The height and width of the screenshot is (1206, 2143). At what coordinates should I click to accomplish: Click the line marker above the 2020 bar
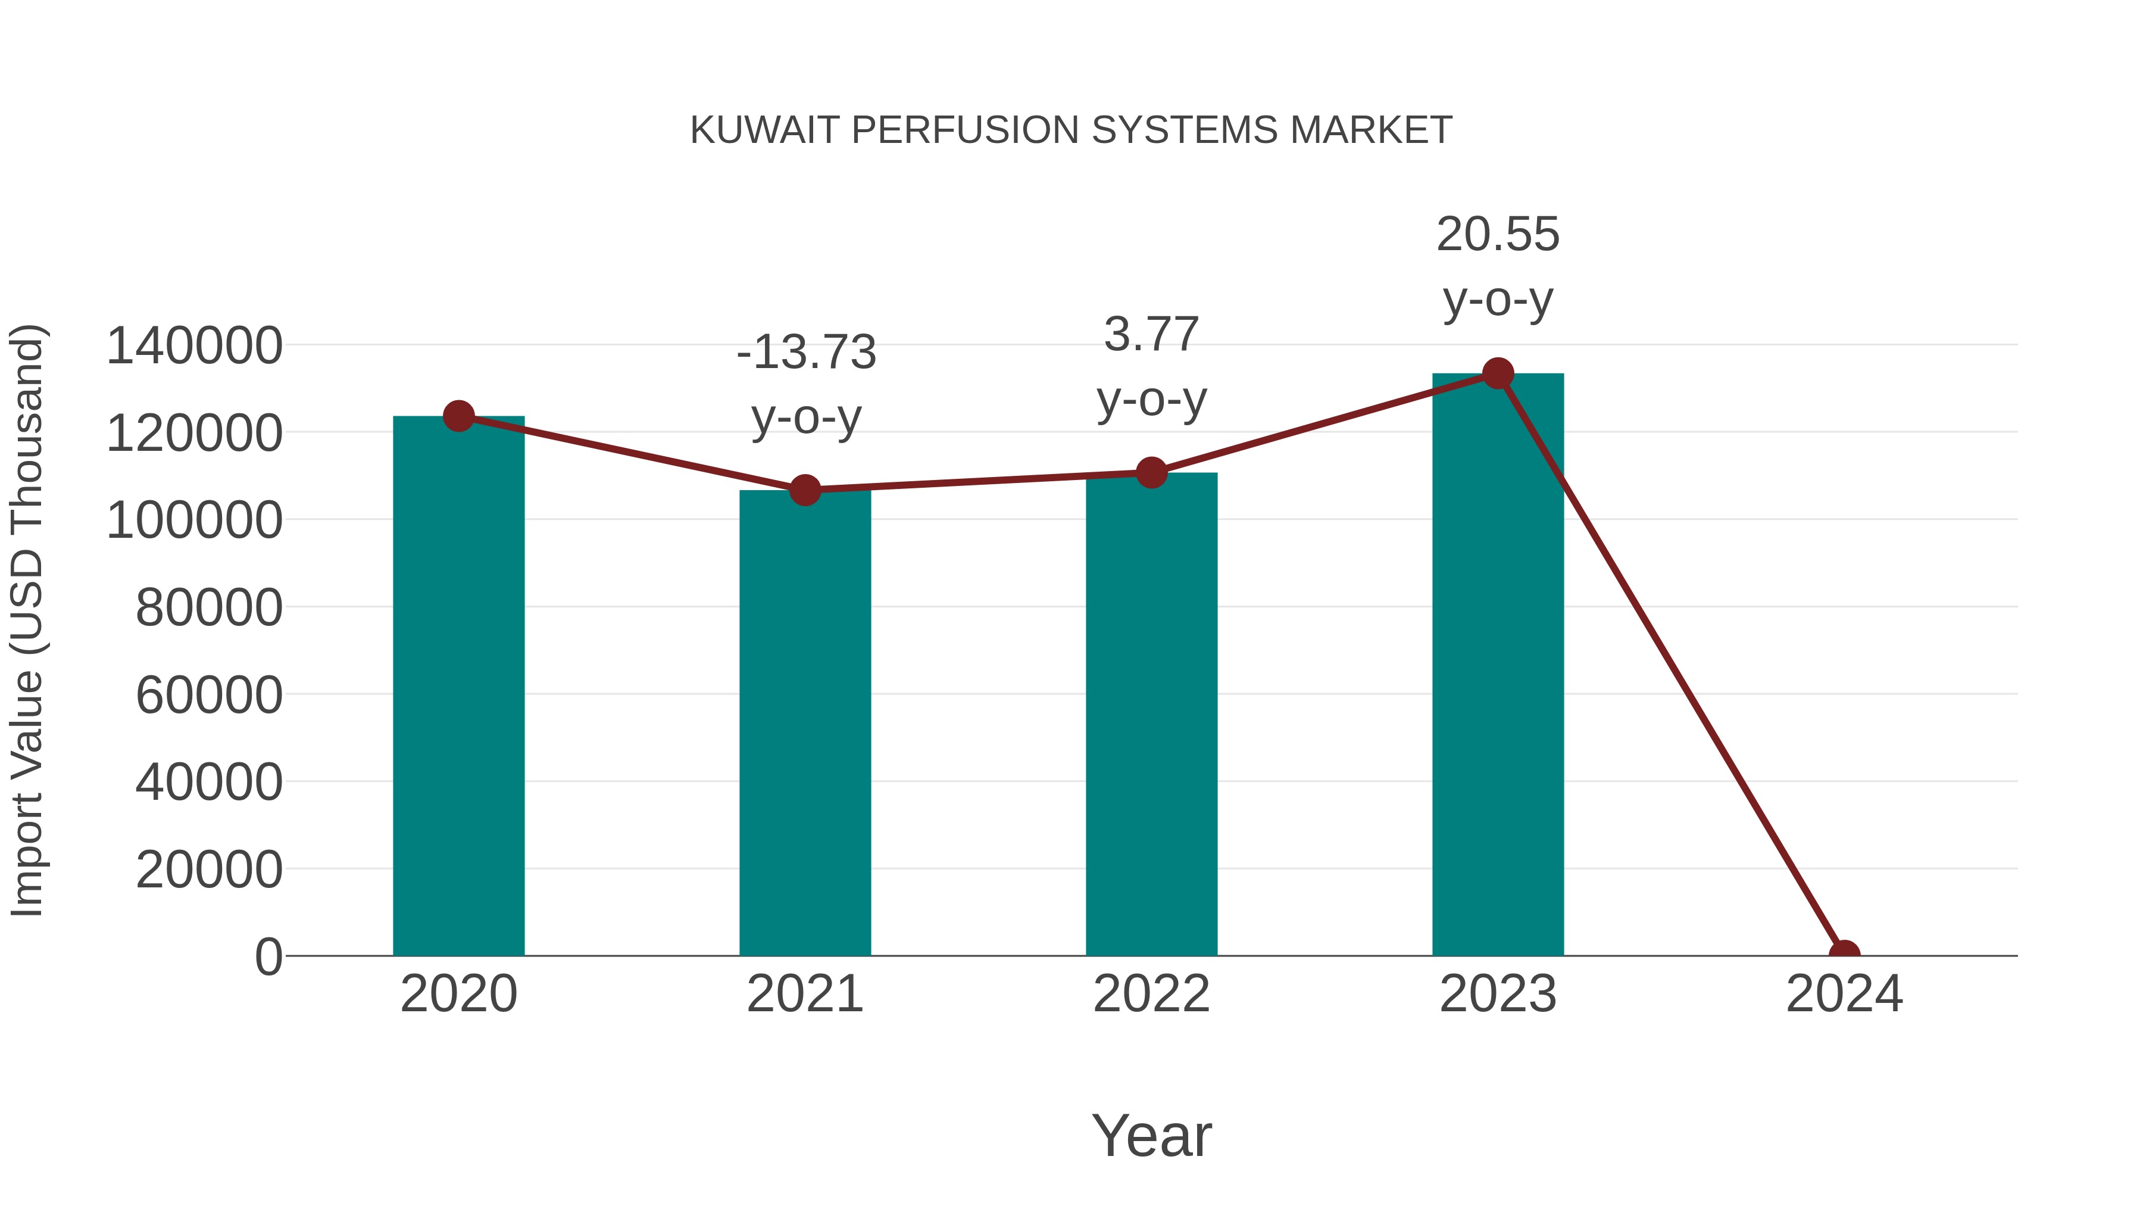tap(459, 415)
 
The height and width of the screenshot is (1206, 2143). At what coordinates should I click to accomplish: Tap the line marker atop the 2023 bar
tap(1498, 373)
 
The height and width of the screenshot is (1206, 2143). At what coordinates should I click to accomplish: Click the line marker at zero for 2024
tap(1844, 954)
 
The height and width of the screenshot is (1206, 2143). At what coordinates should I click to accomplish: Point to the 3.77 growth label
tap(1151, 335)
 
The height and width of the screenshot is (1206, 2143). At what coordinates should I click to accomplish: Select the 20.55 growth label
tap(1498, 235)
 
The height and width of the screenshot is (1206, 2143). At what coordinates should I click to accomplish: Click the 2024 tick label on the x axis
tap(1844, 994)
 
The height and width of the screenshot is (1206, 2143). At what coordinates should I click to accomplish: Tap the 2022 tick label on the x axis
tap(1151, 994)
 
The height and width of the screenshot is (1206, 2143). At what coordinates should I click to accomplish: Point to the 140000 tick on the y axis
tap(195, 345)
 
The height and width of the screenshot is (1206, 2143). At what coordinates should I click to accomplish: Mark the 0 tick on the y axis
tap(268, 956)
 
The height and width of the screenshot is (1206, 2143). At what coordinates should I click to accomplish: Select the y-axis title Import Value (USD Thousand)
tap(27, 620)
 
